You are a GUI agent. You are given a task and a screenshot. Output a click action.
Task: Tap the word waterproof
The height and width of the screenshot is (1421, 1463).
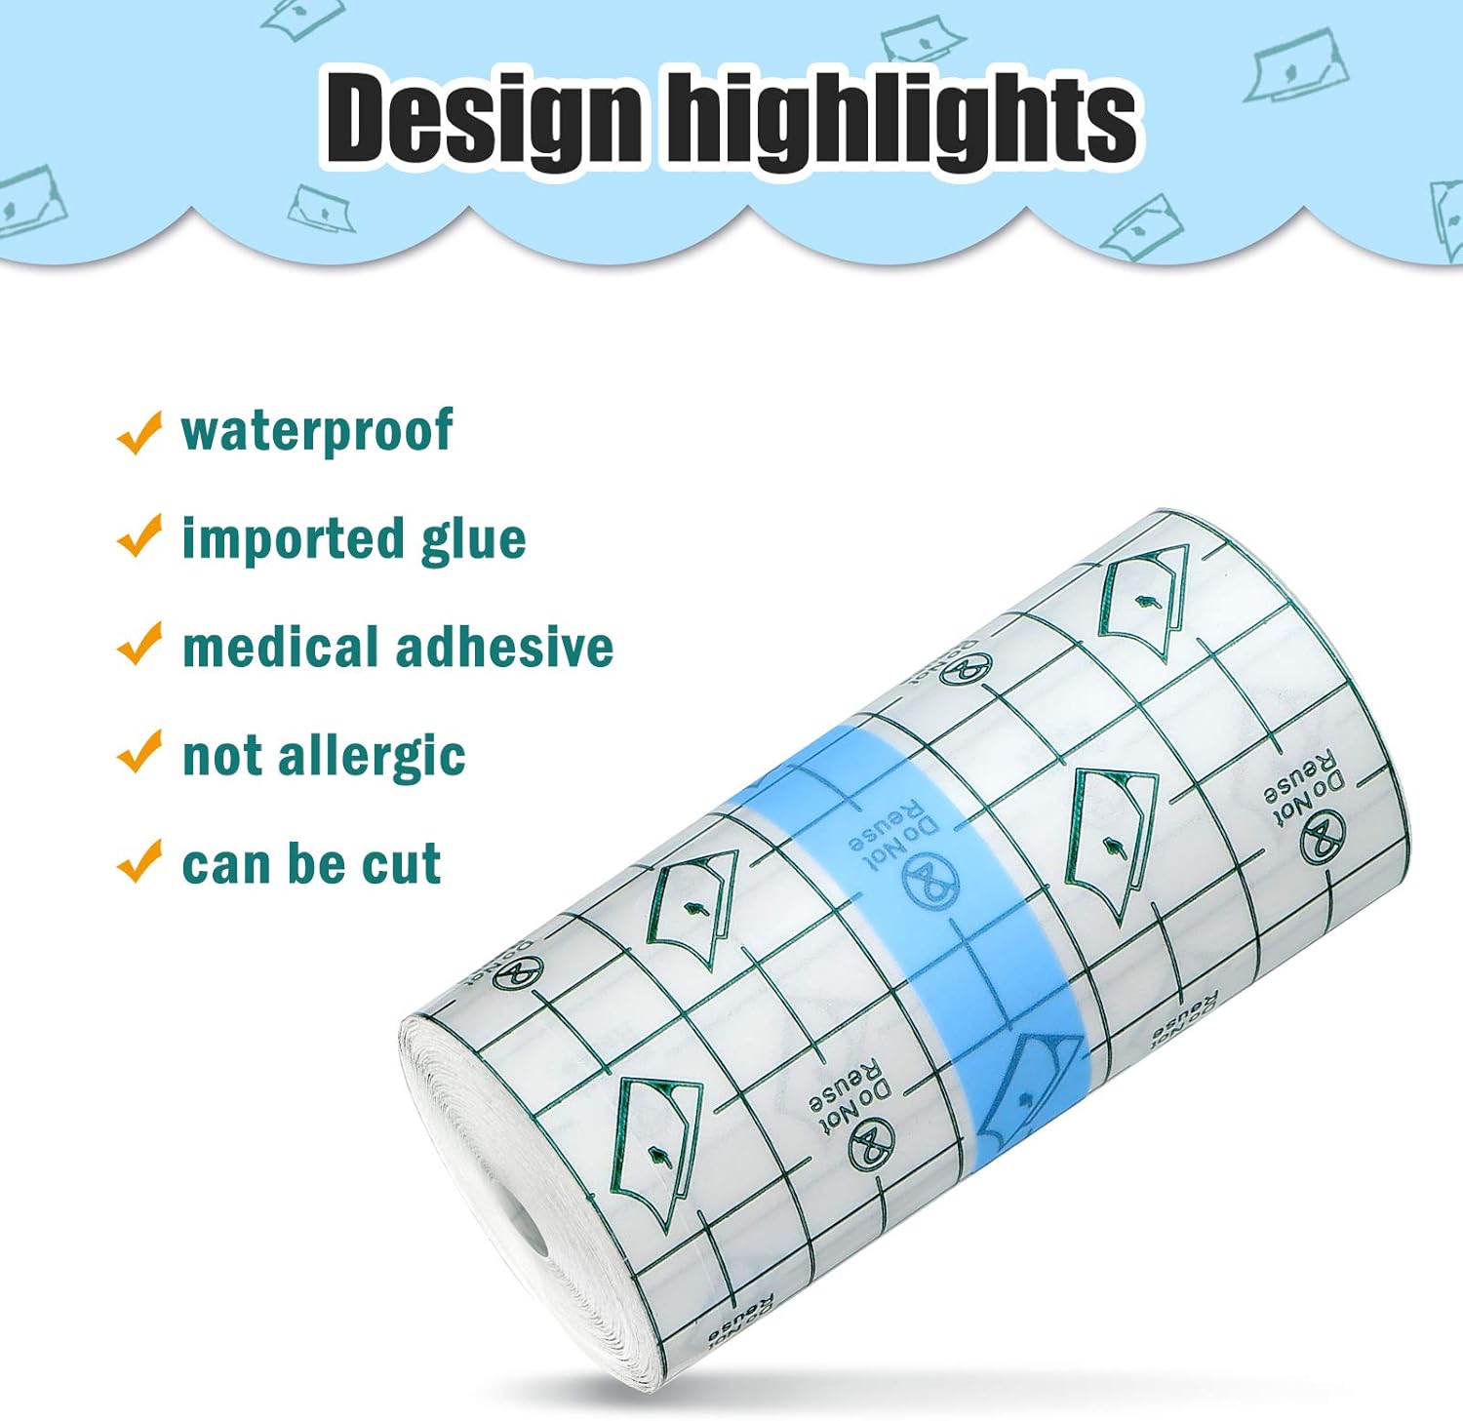point(317,431)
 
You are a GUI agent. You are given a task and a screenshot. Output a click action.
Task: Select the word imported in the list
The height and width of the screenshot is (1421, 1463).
point(293,539)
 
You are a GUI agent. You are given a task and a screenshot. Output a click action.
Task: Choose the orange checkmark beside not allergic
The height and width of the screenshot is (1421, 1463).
point(138,752)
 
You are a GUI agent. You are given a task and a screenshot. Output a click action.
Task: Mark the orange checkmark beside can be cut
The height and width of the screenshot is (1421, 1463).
point(138,861)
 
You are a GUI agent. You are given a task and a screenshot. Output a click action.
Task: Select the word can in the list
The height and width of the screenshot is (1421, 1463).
point(218,865)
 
